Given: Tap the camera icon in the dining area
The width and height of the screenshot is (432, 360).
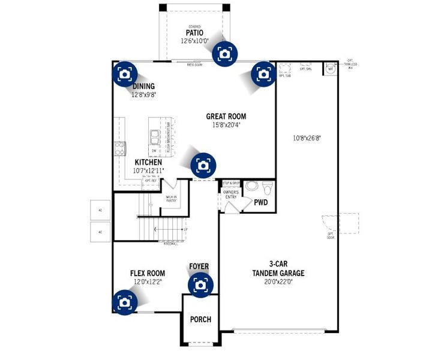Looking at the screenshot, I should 125,74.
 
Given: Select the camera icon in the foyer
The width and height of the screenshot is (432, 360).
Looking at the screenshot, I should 200,285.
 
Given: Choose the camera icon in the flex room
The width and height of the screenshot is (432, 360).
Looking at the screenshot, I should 124,302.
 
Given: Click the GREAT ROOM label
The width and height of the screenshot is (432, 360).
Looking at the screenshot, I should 226,116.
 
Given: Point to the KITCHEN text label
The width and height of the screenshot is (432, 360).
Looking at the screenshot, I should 148,163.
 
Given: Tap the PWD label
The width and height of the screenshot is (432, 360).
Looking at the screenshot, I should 261,203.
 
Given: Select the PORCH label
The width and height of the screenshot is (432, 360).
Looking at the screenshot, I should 200,319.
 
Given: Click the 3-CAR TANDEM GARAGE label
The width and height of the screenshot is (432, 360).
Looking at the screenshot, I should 278,269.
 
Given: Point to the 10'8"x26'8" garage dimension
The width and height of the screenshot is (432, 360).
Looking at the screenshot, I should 307,137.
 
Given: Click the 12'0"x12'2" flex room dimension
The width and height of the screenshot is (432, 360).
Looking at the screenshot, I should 146,281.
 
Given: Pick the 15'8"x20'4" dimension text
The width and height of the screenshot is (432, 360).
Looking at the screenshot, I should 226,125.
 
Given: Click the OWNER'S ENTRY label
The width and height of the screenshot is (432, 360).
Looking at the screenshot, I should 231,194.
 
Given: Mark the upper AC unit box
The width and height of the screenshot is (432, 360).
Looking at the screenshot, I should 100,209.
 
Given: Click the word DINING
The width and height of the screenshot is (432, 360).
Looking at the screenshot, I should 143,86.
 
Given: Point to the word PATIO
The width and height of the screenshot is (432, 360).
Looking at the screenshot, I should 194,32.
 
